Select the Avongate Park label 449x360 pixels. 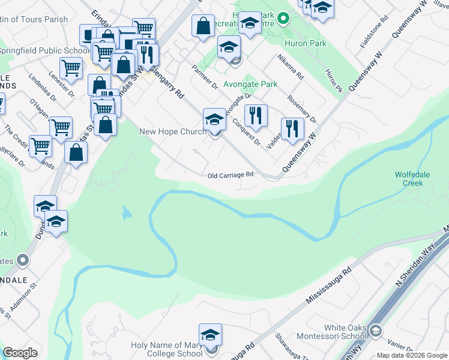pyautogui.click(x=250, y=85)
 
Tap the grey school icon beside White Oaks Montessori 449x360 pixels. pyautogui.click(x=375, y=331)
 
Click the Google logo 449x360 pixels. pyautogui.click(x=20, y=352)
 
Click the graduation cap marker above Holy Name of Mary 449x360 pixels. pyautogui.click(x=210, y=335)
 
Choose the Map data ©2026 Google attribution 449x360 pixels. pyautogui.click(x=412, y=355)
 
